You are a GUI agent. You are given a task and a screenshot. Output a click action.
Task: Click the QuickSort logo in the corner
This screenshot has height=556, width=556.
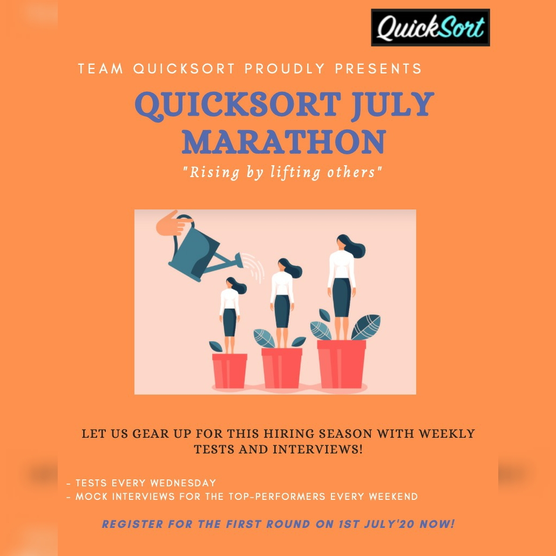coord(430,28)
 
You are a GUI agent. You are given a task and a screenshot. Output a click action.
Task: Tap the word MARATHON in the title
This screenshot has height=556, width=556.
coord(284,142)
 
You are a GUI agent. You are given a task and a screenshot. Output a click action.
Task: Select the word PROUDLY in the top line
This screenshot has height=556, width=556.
coord(284,69)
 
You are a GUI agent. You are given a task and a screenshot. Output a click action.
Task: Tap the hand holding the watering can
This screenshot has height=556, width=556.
coord(174,223)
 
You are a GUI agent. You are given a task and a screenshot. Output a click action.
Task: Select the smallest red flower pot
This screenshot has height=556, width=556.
coord(229,370)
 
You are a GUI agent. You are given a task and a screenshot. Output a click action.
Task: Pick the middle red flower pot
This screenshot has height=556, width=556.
coord(282,368)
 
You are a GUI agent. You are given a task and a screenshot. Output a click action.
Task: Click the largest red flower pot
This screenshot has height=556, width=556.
coord(341,364)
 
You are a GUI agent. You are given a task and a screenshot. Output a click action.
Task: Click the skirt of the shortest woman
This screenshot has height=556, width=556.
coord(229,322)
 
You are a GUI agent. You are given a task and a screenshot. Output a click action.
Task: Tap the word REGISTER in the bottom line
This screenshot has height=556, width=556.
coord(133,524)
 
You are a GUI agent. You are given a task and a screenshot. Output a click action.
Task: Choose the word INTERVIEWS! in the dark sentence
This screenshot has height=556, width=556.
coord(318,450)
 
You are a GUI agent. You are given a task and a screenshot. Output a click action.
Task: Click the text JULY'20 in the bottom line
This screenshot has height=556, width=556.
coord(389,524)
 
